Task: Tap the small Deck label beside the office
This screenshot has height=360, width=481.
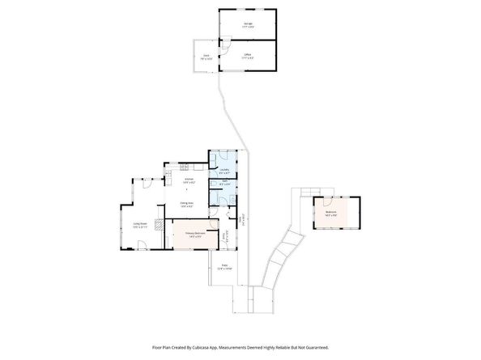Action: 206,57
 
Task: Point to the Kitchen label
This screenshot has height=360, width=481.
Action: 189,180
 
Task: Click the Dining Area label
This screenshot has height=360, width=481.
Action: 186,205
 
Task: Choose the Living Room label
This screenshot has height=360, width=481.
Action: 139,227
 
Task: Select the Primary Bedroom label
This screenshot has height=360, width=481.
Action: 194,235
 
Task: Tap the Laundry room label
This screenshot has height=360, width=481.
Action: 224,171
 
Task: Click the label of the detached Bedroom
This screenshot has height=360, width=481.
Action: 330,214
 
